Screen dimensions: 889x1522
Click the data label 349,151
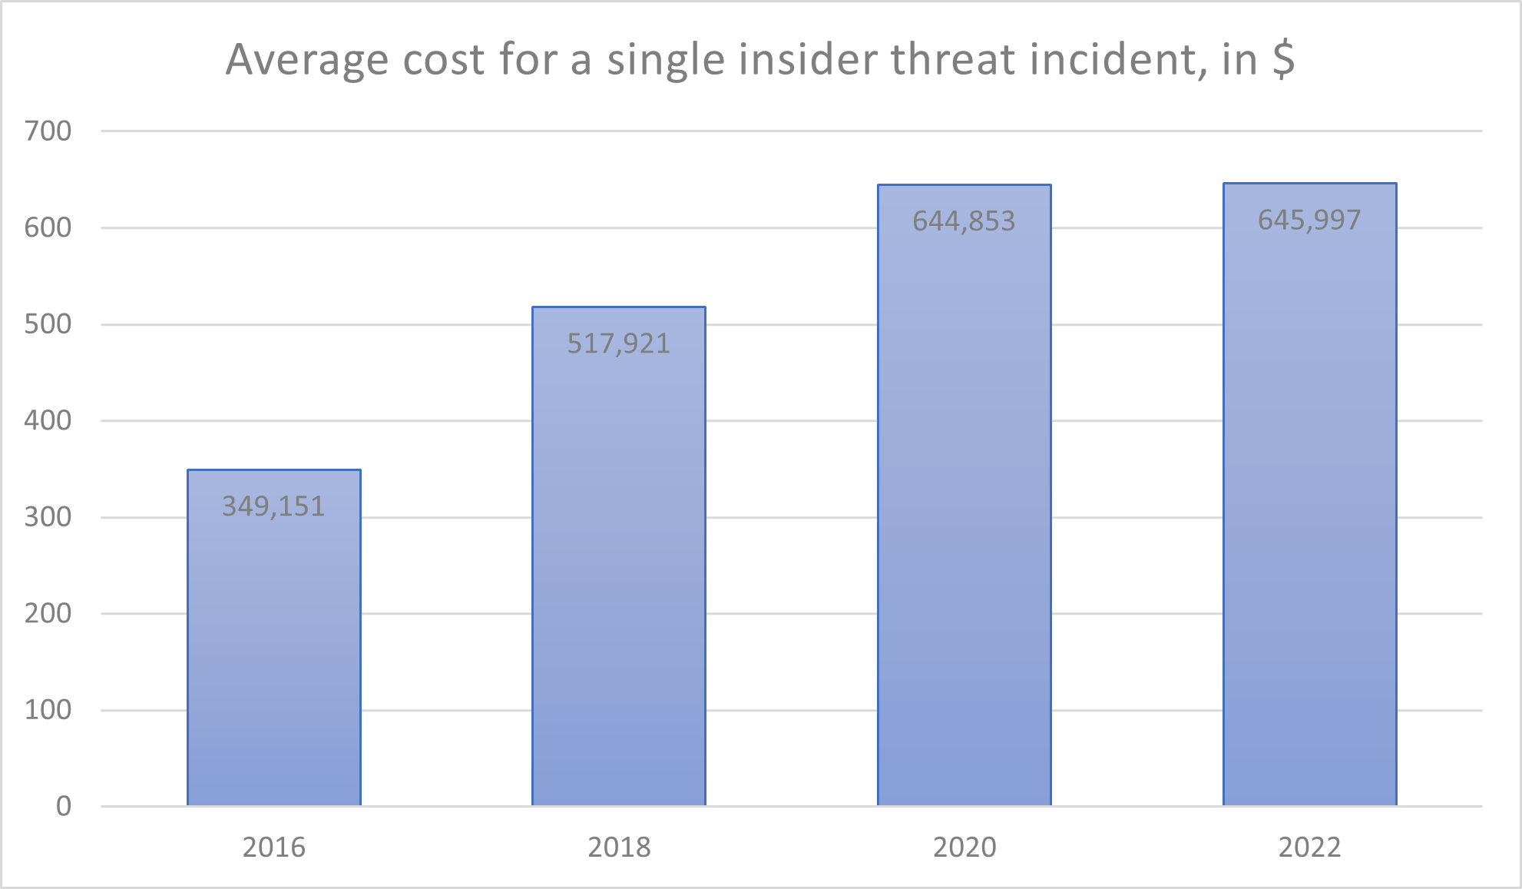274,506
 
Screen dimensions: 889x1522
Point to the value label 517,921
619,343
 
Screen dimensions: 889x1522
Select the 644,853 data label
964,221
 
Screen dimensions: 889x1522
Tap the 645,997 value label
1309,221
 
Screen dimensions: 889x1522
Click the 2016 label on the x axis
274,848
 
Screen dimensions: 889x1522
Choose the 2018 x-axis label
619,848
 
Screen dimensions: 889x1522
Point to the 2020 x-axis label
964,848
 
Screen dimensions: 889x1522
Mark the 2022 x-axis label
1309,848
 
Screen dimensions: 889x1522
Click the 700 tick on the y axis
48,131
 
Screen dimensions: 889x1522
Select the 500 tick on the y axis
48,324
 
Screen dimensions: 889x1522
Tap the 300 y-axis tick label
48,517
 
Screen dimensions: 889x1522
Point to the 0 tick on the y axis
64,806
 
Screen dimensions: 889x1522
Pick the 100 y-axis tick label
48,710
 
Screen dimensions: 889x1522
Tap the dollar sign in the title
1283,59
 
